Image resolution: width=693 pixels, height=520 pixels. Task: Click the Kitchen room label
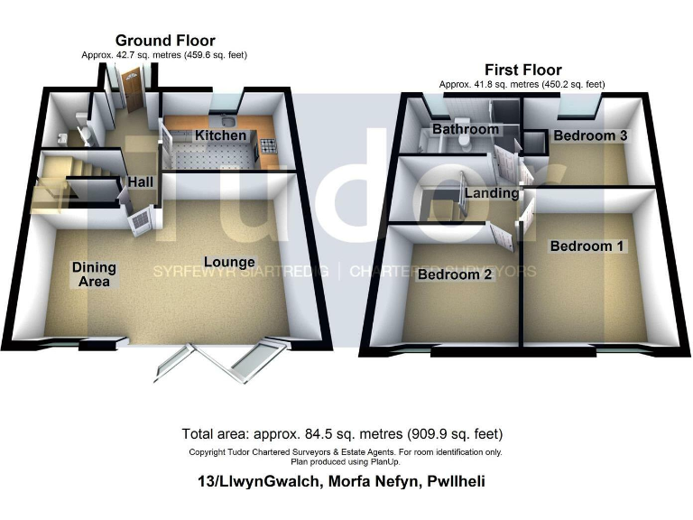point(221,135)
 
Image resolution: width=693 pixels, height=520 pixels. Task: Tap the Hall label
point(140,182)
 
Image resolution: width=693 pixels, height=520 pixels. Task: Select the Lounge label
point(222,263)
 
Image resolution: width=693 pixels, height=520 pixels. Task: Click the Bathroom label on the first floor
point(466,129)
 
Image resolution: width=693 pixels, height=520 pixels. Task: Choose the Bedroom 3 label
point(590,135)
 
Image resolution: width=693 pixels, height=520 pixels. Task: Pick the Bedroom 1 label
point(587,246)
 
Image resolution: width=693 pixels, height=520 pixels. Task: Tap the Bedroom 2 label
point(454,275)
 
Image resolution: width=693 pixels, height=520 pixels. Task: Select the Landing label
point(492,193)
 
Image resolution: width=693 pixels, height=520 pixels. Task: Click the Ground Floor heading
point(164,41)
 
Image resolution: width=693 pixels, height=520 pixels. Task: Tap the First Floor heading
point(522,70)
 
